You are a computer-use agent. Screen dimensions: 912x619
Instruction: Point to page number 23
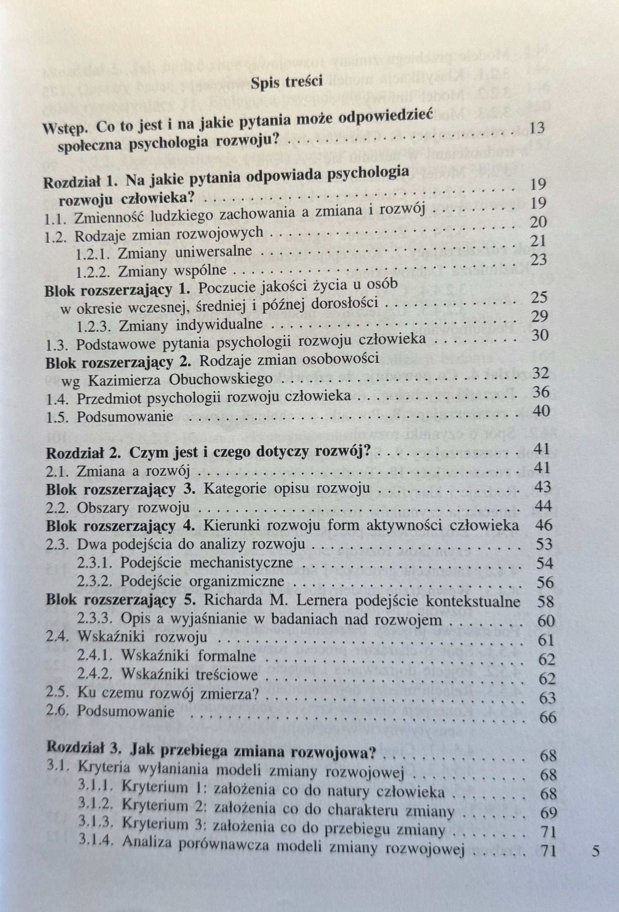(x=539, y=259)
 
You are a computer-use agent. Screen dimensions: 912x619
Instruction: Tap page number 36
(x=540, y=391)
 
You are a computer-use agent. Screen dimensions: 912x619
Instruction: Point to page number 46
(x=544, y=525)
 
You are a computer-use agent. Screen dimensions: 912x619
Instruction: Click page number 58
(x=545, y=602)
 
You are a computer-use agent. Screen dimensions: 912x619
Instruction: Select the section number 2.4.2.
(x=97, y=675)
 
